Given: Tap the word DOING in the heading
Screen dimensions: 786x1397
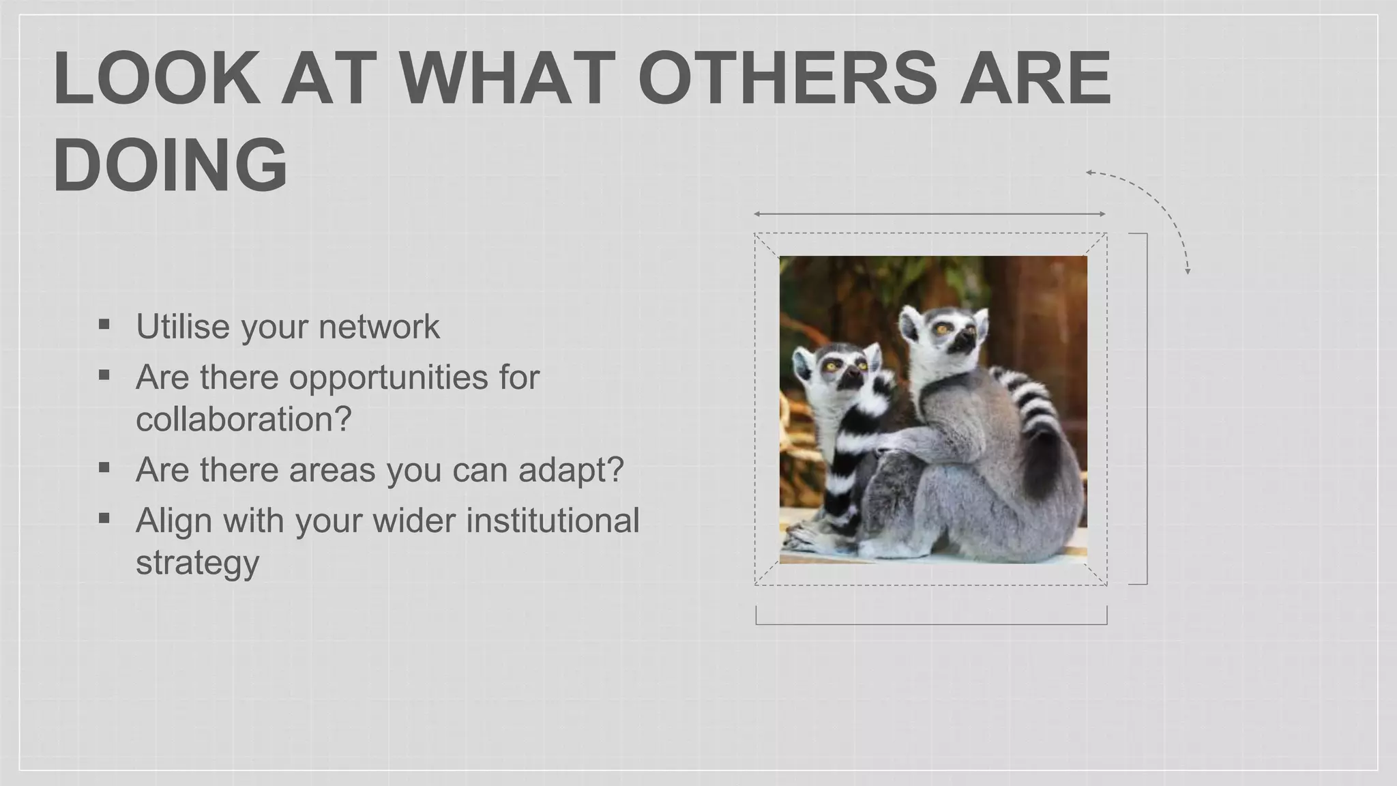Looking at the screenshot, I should tap(170, 165).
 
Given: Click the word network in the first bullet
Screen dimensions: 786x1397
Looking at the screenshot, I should tap(379, 326).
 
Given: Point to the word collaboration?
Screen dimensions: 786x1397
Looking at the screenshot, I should tap(244, 419).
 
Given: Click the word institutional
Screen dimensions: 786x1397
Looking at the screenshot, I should tap(553, 521).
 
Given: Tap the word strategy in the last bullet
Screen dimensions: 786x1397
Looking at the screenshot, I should tap(198, 562).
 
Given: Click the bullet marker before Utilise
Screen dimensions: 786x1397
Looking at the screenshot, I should tap(104, 323).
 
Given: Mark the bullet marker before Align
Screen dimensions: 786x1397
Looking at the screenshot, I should tap(104, 519).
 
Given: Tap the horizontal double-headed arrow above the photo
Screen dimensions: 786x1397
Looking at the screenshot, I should tap(930, 214).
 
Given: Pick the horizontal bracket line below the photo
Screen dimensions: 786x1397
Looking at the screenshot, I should tap(931, 623).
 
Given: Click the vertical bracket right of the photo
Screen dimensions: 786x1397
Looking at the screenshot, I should tap(1146, 409).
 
